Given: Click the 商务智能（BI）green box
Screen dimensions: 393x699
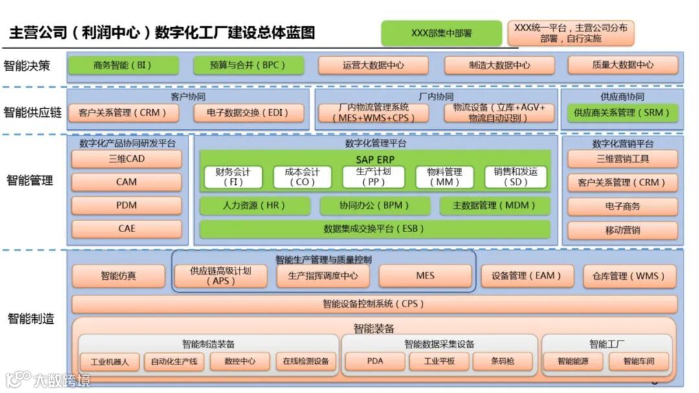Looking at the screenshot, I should click(x=123, y=65).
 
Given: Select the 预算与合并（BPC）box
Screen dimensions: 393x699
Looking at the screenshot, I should click(x=248, y=65).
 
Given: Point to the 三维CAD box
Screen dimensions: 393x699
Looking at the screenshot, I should click(x=127, y=159).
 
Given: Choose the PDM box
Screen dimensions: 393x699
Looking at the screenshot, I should click(x=127, y=206).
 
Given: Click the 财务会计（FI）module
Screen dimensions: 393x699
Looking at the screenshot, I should click(x=233, y=177).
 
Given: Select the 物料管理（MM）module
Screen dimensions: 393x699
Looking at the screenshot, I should click(x=448, y=177).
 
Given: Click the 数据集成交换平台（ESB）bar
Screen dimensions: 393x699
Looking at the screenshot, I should click(x=375, y=229).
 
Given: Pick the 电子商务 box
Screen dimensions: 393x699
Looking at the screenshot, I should click(x=623, y=206).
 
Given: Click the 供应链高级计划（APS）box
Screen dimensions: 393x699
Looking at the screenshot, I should click(x=220, y=276).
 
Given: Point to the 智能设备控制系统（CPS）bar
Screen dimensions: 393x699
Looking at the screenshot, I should click(x=375, y=304).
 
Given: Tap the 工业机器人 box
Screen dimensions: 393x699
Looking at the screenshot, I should click(x=109, y=361).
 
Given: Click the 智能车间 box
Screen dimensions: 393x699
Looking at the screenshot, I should click(x=639, y=361).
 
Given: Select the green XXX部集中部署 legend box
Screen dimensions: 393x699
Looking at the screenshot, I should click(x=441, y=33).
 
